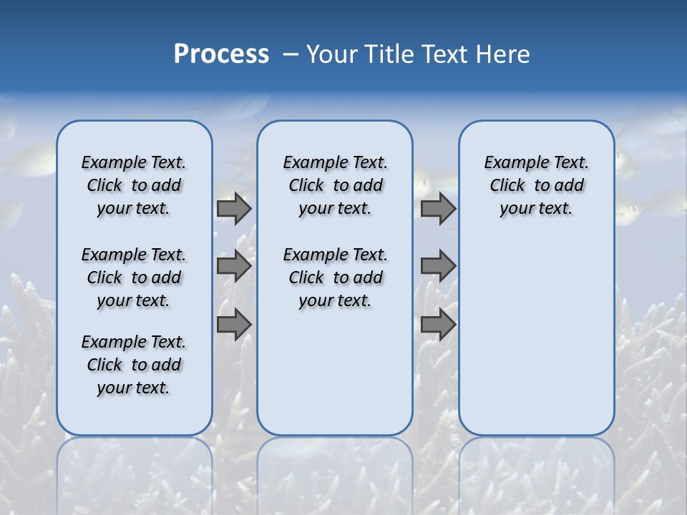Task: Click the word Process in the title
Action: (221, 54)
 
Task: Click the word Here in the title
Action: (505, 54)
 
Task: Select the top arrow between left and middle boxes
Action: (234, 208)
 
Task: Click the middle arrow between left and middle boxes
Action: (234, 266)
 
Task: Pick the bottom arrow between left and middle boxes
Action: (234, 325)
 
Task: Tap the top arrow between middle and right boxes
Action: (438, 208)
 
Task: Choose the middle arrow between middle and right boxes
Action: (438, 266)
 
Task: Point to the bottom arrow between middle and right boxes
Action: (438, 325)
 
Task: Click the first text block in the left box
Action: (134, 185)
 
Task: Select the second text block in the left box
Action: (134, 278)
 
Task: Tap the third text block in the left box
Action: (134, 365)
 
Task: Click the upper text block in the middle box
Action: (336, 185)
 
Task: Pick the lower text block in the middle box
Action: (336, 278)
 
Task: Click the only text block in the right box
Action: (537, 185)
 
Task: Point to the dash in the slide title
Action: (291, 54)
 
